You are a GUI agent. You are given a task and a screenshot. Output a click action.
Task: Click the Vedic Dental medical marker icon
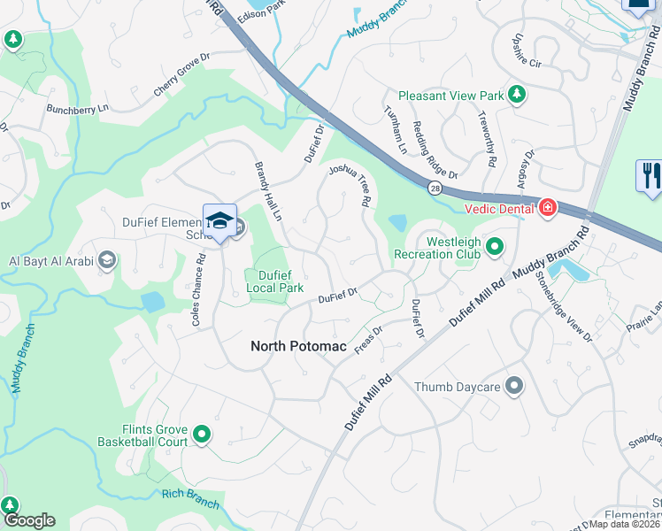pyautogui.click(x=548, y=208)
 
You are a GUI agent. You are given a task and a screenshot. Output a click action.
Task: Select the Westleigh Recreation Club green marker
pyautogui.click(x=495, y=247)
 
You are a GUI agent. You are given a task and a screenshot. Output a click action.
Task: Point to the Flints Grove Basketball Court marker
pyautogui.click(x=202, y=435)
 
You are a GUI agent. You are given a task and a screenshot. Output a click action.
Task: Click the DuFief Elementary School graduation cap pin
pyautogui.click(x=219, y=221)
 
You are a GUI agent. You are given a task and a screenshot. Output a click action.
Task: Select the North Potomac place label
pyautogui.click(x=297, y=346)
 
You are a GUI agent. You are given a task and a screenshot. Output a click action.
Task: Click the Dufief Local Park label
pyautogui.click(x=274, y=281)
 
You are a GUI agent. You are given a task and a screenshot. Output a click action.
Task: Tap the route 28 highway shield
pyautogui.click(x=434, y=189)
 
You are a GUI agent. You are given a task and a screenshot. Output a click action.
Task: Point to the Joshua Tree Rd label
pyautogui.click(x=350, y=185)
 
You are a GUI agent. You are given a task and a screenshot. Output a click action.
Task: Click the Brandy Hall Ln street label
pyautogui.click(x=267, y=192)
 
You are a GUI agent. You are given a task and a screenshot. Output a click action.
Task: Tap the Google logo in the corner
pyautogui.click(x=29, y=520)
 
